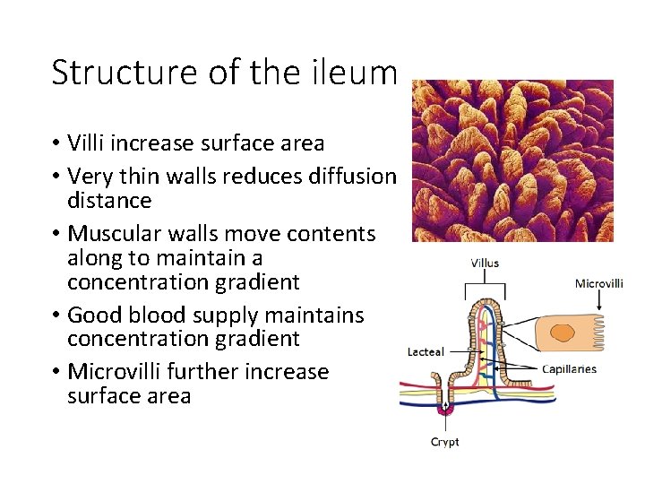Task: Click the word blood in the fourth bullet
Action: (x=193, y=315)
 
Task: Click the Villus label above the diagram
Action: (x=485, y=264)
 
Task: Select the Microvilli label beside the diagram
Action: (x=598, y=283)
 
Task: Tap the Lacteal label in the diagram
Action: (x=426, y=352)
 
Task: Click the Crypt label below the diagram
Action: (x=445, y=442)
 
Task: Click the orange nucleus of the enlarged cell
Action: (x=563, y=334)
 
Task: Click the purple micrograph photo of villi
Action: (x=512, y=160)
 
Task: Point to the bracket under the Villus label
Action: (x=485, y=284)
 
